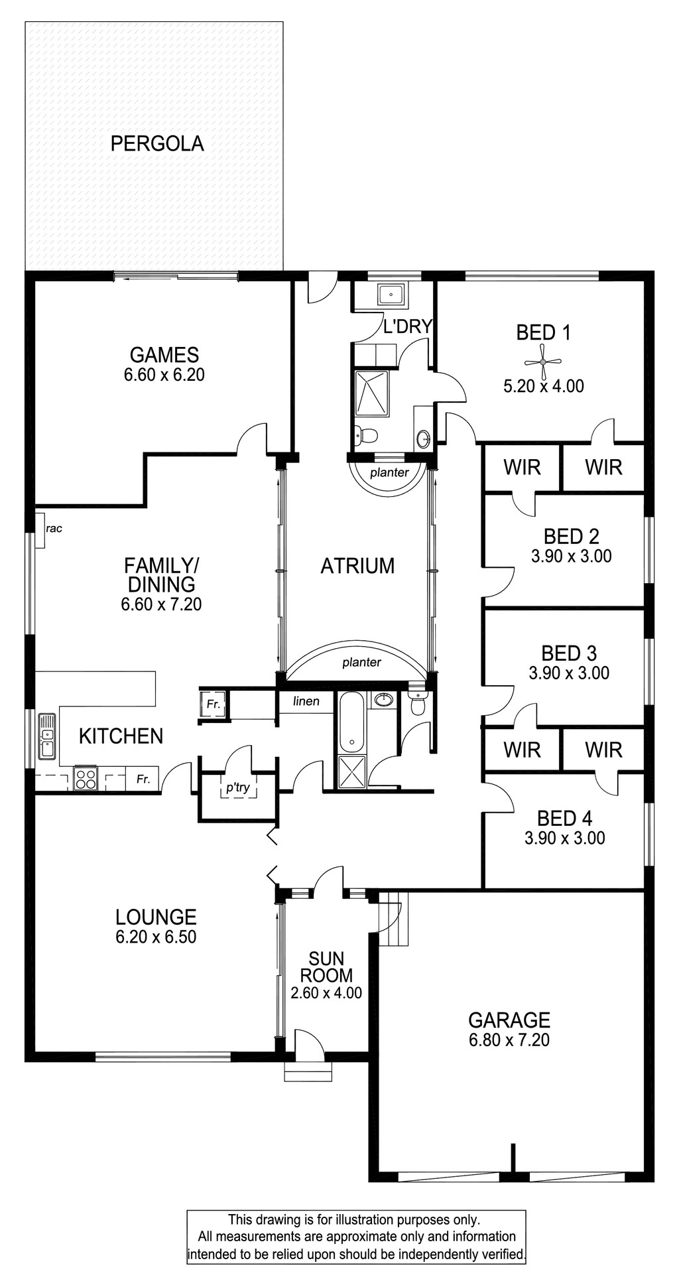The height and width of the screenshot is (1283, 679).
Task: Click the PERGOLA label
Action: coord(157,143)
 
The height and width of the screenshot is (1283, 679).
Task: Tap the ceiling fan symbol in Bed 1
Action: coord(543,362)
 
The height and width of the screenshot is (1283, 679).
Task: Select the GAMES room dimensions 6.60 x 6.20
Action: coord(164,375)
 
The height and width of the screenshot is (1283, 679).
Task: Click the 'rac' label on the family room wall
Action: coord(54,529)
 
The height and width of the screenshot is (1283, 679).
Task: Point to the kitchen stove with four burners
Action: coord(86,777)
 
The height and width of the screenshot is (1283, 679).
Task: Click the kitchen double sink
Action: coord(47,736)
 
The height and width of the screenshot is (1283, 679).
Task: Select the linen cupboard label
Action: coord(306,701)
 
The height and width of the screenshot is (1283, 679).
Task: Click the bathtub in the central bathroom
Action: coord(351,722)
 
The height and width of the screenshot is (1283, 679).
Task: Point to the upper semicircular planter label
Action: coord(389,473)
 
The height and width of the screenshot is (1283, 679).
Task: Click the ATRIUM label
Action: coord(357,566)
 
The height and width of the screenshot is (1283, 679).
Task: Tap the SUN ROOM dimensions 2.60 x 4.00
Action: coord(326,993)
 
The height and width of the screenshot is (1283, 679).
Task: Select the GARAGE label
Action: coord(509,1020)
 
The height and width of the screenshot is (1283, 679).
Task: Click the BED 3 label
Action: coord(569,653)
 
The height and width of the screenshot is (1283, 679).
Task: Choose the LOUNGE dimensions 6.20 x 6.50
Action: coord(156,937)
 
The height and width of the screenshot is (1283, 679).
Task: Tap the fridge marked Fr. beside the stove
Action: coord(143,779)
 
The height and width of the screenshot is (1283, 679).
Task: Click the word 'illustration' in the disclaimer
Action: coord(365,1219)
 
